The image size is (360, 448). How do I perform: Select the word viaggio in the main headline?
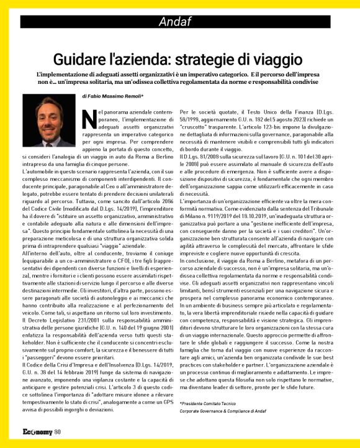tap(279, 60)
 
